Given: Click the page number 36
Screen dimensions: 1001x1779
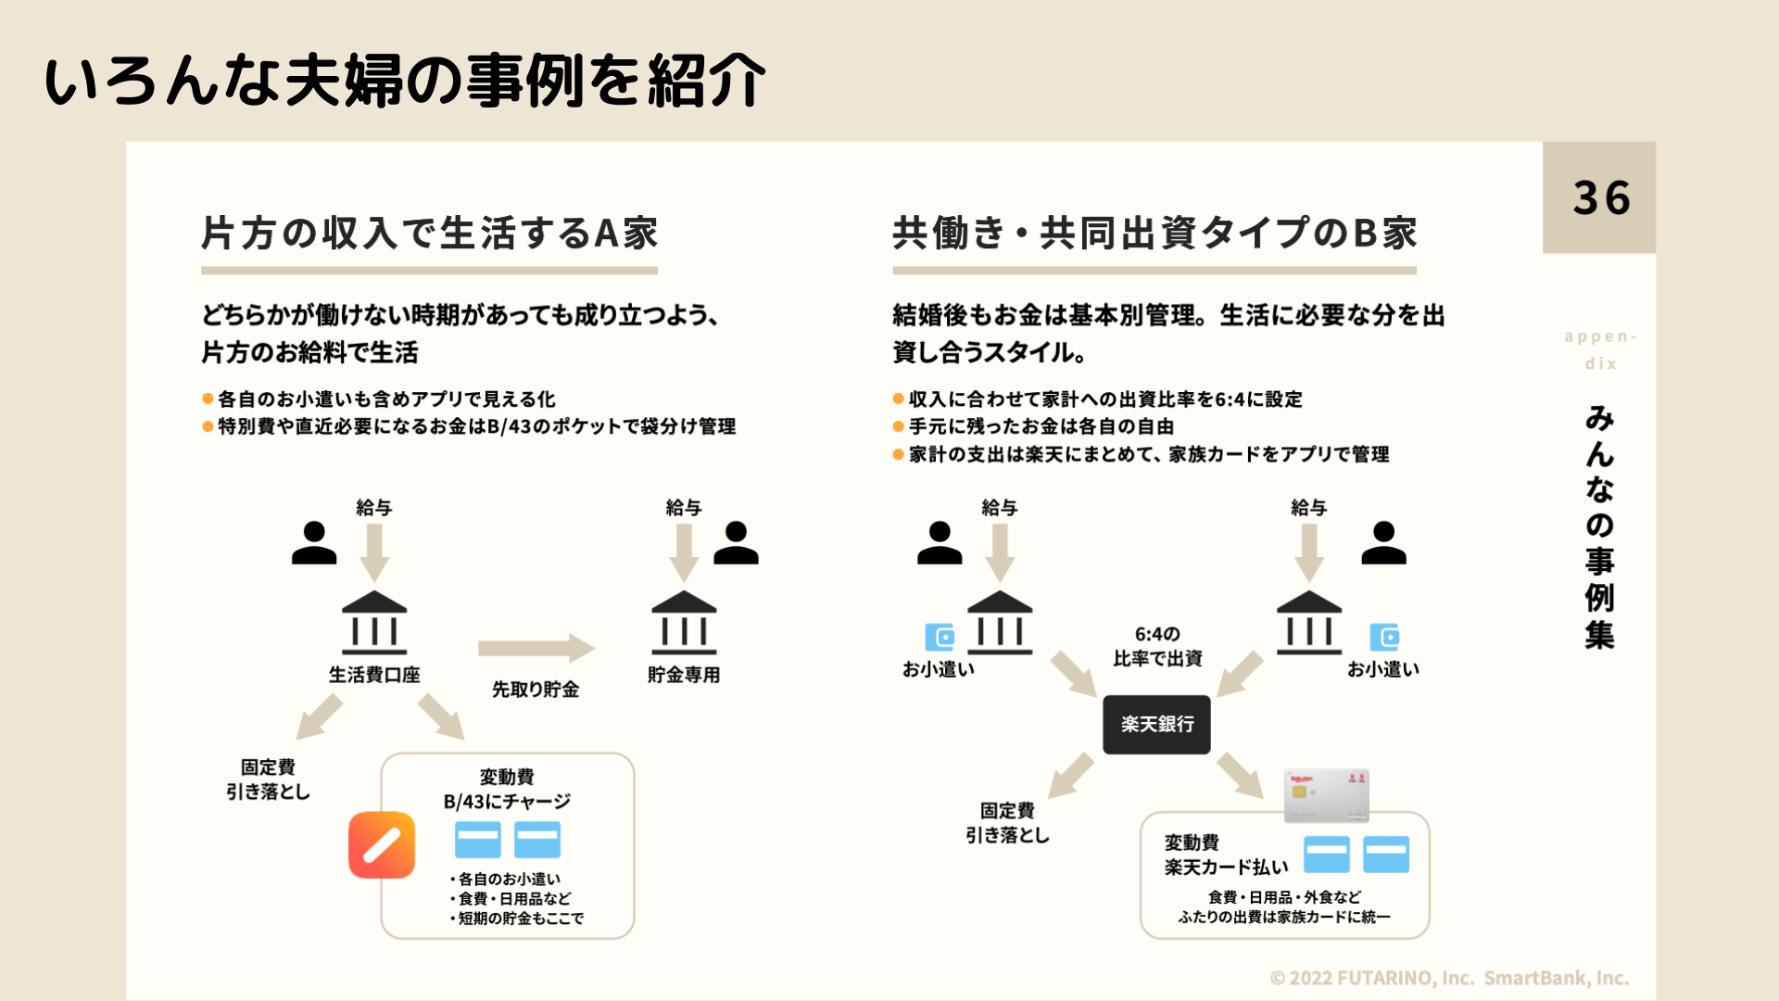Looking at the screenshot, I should pyautogui.click(x=1600, y=198).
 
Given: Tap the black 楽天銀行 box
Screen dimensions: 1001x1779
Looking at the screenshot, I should pyautogui.click(x=1156, y=724).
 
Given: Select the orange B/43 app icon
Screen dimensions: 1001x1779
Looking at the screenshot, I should pyautogui.click(x=382, y=844).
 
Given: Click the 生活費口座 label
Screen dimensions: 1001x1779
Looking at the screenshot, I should pyautogui.click(x=374, y=675).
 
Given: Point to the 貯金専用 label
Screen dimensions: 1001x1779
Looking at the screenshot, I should pyautogui.click(x=684, y=675).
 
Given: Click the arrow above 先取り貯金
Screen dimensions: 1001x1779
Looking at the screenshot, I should pyautogui.click(x=536, y=648).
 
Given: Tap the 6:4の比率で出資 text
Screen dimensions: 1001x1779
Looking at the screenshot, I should pyautogui.click(x=1157, y=646).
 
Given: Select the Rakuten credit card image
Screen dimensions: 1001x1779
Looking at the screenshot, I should pyautogui.click(x=1326, y=795).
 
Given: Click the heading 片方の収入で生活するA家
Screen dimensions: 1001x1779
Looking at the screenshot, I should pyautogui.click(x=429, y=234).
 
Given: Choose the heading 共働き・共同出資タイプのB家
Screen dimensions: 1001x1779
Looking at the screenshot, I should pyautogui.click(x=1154, y=234).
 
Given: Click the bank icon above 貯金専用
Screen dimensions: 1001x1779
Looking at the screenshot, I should pyautogui.click(x=684, y=623).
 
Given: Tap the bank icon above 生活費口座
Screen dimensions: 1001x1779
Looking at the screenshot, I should pyautogui.click(x=374, y=623).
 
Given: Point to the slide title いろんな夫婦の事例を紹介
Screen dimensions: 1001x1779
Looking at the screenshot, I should pyautogui.click(x=405, y=81).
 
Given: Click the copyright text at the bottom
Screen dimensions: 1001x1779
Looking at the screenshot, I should pyautogui.click(x=1449, y=978).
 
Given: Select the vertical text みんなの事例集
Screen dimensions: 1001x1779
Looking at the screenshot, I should pyautogui.click(x=1600, y=526).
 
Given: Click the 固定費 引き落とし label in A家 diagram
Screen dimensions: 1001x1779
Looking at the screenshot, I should pyautogui.click(x=268, y=779).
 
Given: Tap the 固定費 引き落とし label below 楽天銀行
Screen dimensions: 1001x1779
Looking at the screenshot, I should pyautogui.click(x=1007, y=823).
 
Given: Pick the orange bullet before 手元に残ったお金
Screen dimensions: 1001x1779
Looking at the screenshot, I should pyautogui.click(x=898, y=427).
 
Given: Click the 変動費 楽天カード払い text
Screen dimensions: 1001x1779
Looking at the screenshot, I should pyautogui.click(x=1226, y=855).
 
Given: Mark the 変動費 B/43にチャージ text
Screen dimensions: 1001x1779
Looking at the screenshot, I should pyautogui.click(x=507, y=789).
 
